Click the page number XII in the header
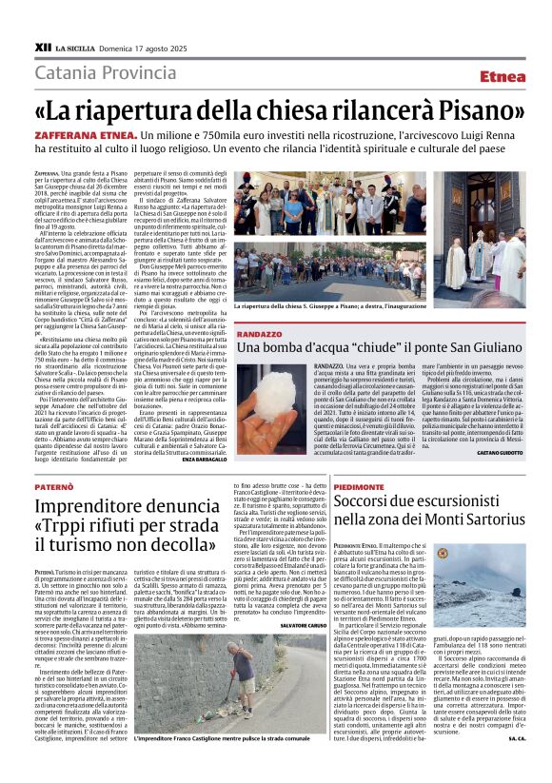point(42,47)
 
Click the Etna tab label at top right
point(502,76)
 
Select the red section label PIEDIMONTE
point(356,485)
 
